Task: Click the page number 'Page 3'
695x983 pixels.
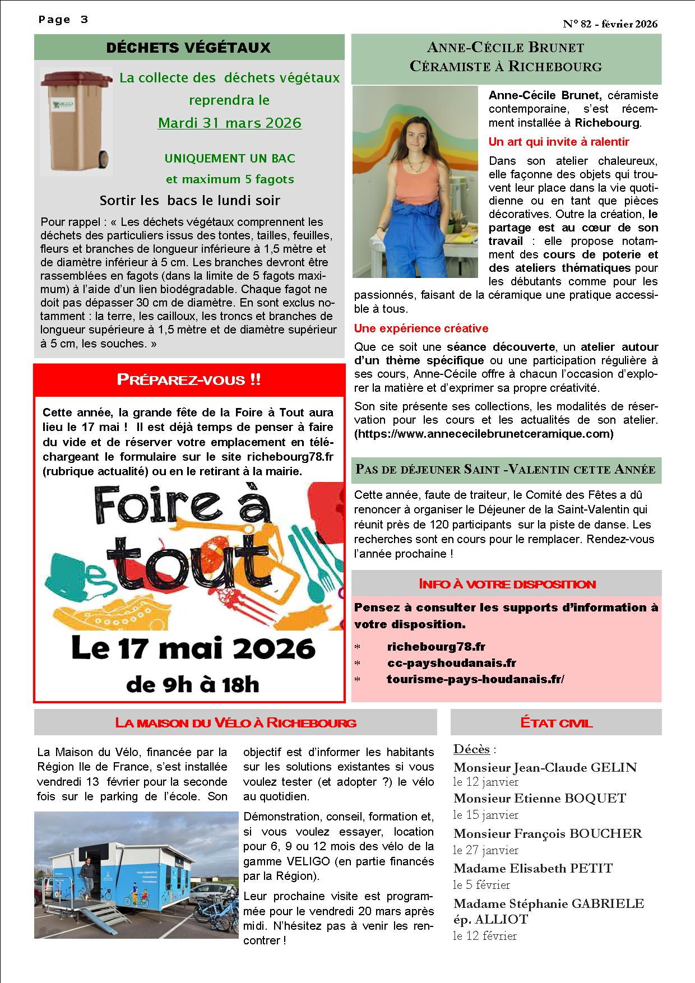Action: tap(63, 20)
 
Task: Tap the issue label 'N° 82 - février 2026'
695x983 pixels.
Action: tap(610, 24)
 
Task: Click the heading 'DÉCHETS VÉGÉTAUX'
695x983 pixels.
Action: tap(188, 48)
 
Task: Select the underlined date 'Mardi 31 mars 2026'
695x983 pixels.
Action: tap(229, 123)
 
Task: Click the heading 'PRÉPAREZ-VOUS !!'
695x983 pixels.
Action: tap(188, 380)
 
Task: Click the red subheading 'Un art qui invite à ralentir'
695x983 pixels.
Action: tap(559, 142)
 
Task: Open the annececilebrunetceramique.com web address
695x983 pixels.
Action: tap(484, 434)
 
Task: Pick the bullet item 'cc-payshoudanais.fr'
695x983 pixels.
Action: tap(451, 663)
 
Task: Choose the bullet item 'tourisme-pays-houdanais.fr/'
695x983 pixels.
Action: tap(475, 679)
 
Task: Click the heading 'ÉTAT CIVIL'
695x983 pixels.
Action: tap(556, 723)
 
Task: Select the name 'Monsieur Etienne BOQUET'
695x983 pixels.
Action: tap(539, 798)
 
